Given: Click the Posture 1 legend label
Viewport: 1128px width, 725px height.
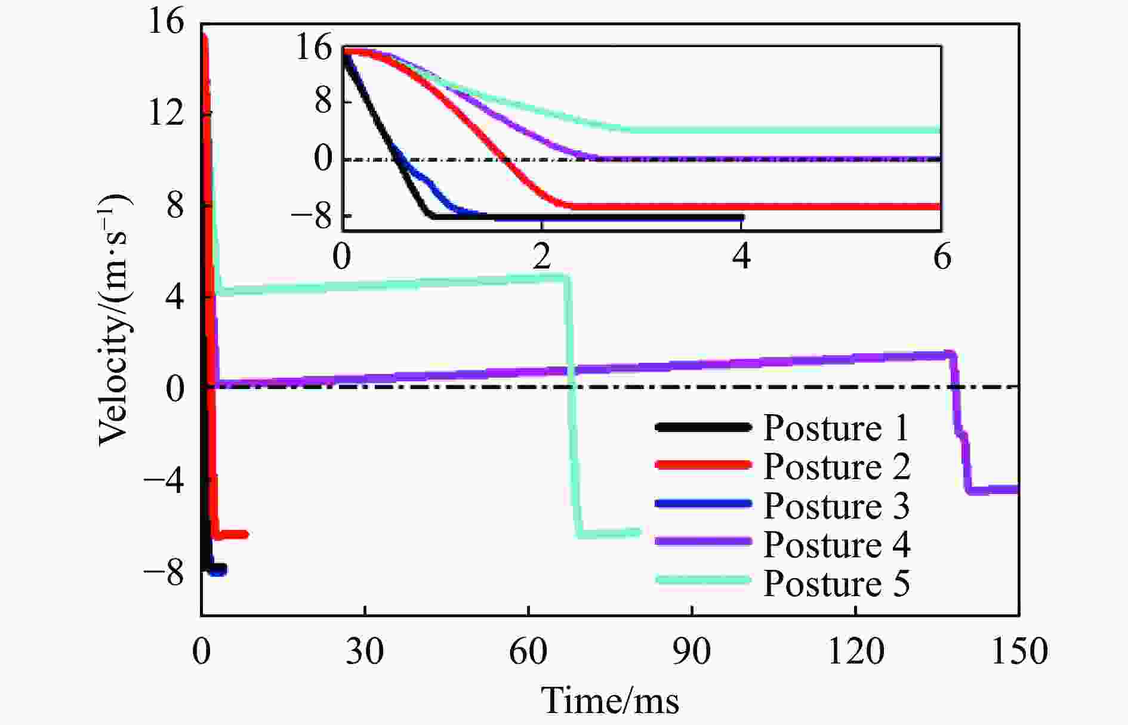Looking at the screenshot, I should (x=836, y=428).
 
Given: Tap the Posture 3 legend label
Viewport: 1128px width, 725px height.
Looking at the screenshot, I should (x=836, y=505).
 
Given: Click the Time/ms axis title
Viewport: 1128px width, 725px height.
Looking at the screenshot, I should (x=610, y=700).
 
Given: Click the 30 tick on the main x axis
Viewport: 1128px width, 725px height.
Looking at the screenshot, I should (x=365, y=651).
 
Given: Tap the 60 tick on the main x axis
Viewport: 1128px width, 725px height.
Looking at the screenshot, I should (x=528, y=651).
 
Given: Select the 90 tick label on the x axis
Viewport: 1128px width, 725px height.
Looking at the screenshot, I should (x=692, y=651).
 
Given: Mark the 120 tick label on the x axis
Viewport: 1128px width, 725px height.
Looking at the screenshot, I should (x=855, y=651).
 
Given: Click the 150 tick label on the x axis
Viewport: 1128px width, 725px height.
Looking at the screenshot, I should (x=1019, y=651).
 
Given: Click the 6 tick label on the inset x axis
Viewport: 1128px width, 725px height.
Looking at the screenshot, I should (x=942, y=258).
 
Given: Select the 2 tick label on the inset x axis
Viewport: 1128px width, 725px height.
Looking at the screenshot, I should (x=541, y=258).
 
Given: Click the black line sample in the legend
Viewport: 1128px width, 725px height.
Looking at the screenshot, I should (x=702, y=427).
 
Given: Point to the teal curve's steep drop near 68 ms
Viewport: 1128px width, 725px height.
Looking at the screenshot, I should (x=572, y=406).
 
